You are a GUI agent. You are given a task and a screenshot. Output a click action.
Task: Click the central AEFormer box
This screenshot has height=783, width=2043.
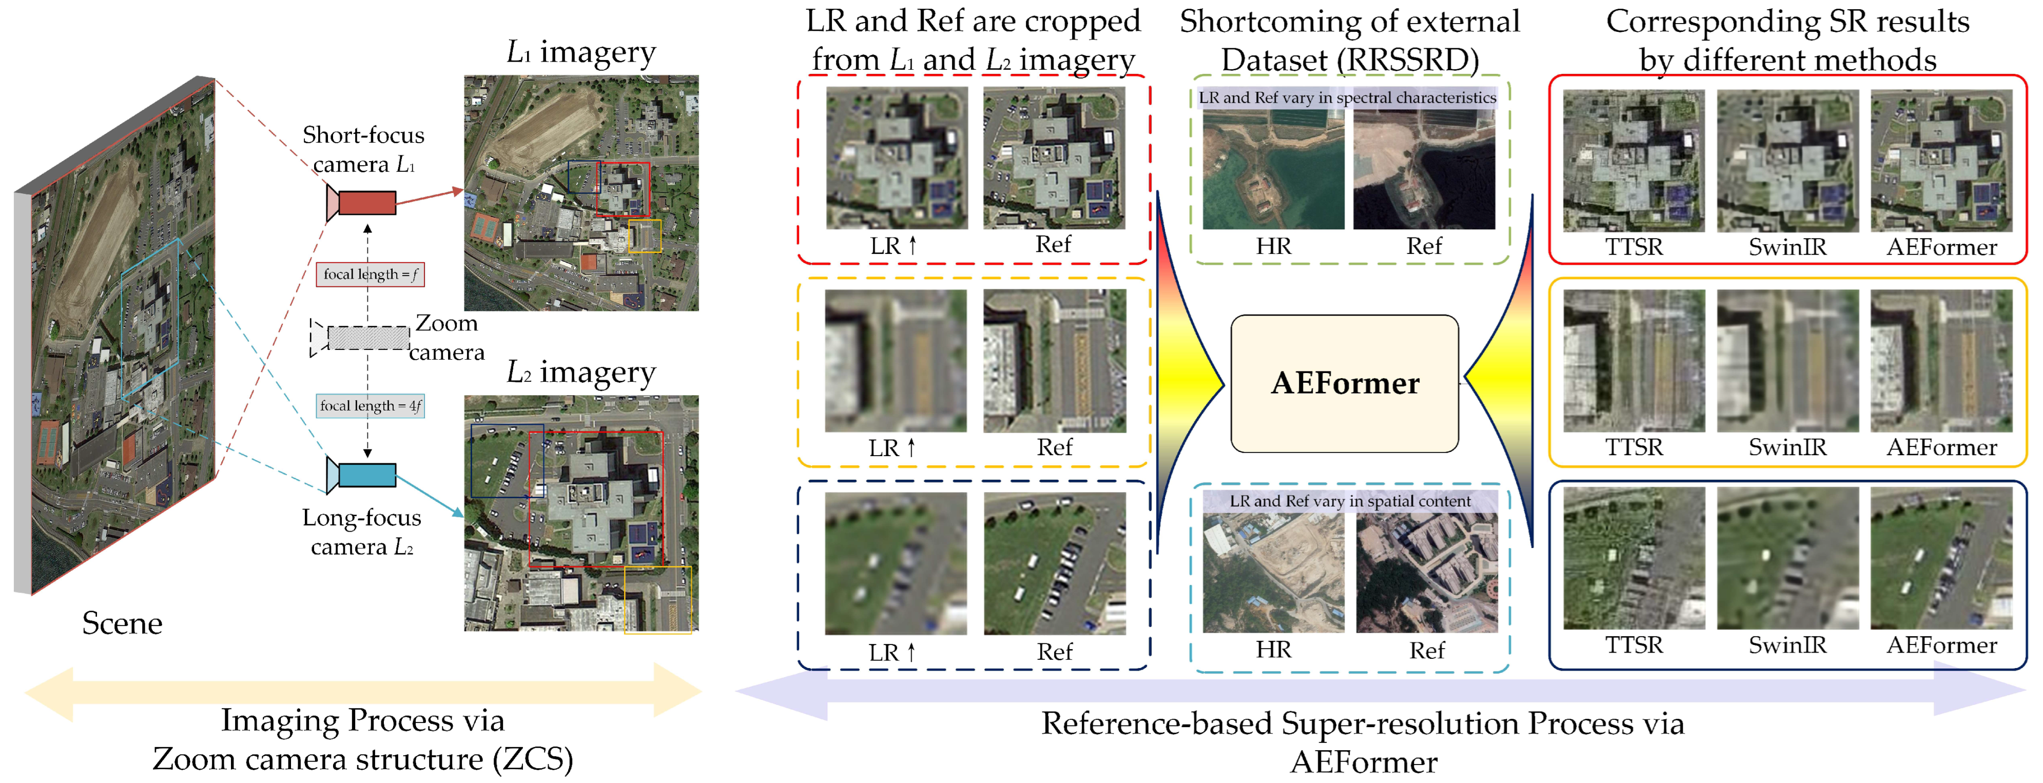(1344, 384)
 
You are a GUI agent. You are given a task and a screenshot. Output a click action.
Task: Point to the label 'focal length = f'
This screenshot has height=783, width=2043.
(369, 275)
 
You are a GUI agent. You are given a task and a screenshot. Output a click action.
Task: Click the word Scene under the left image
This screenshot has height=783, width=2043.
(122, 623)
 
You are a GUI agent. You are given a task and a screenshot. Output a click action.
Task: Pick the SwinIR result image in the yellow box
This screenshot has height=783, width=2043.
(1787, 361)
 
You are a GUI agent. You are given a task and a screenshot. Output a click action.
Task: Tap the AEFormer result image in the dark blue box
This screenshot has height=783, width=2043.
(1941, 558)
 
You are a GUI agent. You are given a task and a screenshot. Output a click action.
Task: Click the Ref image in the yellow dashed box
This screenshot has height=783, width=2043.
(1054, 361)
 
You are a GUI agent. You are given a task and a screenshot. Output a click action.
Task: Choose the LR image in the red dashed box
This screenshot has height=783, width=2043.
(896, 159)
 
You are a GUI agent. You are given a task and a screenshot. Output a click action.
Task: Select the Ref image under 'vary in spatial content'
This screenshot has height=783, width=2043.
(1426, 573)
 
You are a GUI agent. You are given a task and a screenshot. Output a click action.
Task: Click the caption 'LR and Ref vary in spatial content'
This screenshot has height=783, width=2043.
(1349, 501)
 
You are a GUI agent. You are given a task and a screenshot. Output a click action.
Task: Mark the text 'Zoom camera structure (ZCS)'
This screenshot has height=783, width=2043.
(362, 759)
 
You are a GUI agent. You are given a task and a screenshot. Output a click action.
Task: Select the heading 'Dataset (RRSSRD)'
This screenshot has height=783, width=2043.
(1349, 61)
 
